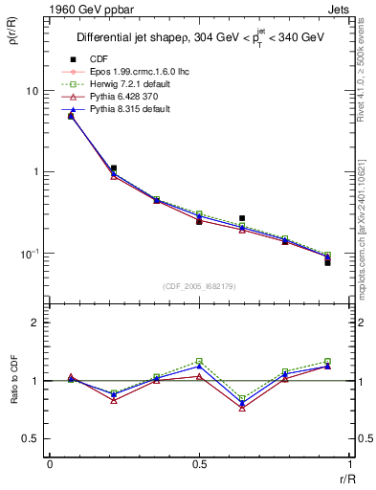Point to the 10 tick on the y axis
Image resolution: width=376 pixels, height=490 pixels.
click(33, 91)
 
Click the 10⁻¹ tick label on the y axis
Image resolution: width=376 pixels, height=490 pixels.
click(31, 254)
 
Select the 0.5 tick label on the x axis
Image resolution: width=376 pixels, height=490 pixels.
click(199, 462)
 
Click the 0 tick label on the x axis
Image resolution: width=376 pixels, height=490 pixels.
click(50, 462)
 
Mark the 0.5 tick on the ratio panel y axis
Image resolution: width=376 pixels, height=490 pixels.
click(33, 438)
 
